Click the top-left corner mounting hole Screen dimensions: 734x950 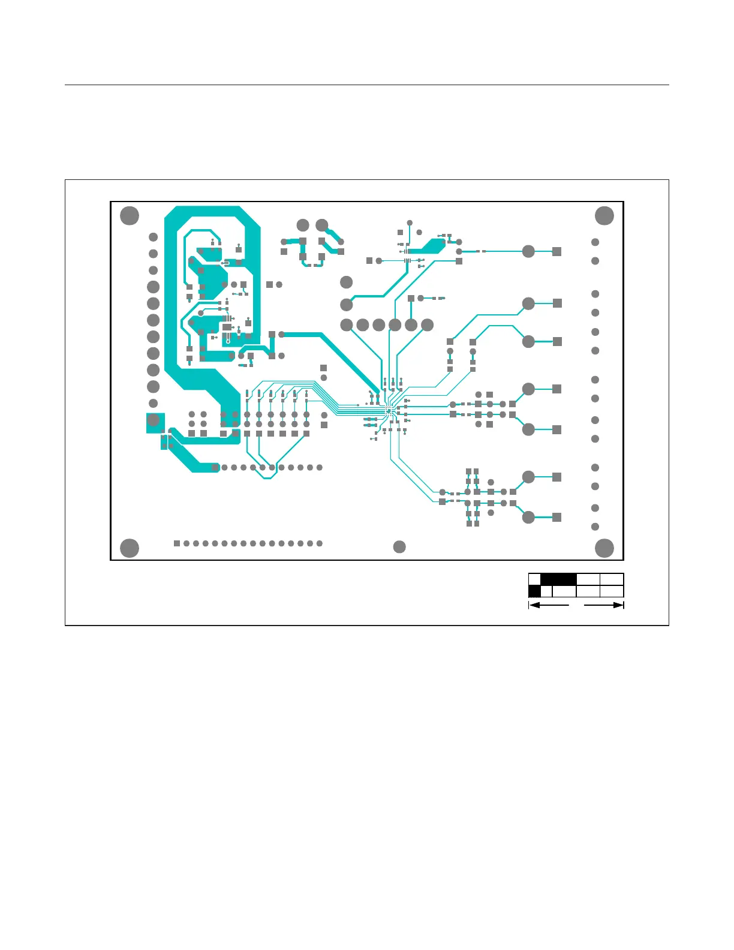point(130,215)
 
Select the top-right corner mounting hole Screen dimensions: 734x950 point(604,215)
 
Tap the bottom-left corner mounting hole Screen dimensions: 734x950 point(130,548)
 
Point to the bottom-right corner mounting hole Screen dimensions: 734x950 point(604,548)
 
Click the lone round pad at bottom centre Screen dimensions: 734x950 point(399,546)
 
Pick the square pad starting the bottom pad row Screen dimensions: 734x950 point(177,543)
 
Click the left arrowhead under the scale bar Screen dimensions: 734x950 point(533,605)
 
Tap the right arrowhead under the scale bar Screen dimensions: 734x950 point(619,605)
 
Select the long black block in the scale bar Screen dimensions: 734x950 point(558,579)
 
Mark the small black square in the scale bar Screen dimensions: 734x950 point(534,591)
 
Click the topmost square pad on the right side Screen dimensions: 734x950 point(557,251)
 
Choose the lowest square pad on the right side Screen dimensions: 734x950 point(557,517)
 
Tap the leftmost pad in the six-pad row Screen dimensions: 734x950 point(347,325)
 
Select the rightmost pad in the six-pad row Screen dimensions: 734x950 point(427,325)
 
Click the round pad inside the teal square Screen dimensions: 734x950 point(154,420)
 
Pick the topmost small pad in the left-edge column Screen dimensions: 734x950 point(153,237)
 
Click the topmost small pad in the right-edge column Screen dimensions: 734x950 point(595,242)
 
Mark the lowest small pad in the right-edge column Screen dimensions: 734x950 point(595,527)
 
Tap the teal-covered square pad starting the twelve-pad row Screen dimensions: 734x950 point(215,468)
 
